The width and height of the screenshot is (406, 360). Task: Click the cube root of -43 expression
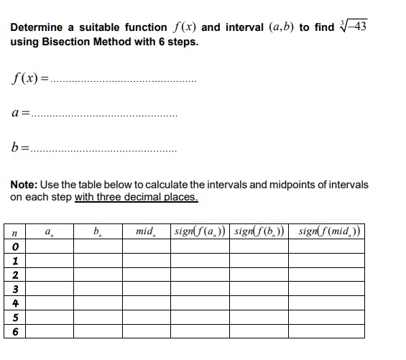pos(356,27)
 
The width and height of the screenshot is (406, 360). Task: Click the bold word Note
pos(24,185)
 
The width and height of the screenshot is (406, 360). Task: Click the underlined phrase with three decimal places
pos(136,197)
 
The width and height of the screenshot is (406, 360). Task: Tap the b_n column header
pos(98,232)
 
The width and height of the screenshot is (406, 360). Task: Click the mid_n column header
pos(145,232)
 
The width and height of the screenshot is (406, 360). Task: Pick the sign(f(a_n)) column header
pos(199,232)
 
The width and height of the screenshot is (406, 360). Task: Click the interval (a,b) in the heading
pos(274,27)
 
